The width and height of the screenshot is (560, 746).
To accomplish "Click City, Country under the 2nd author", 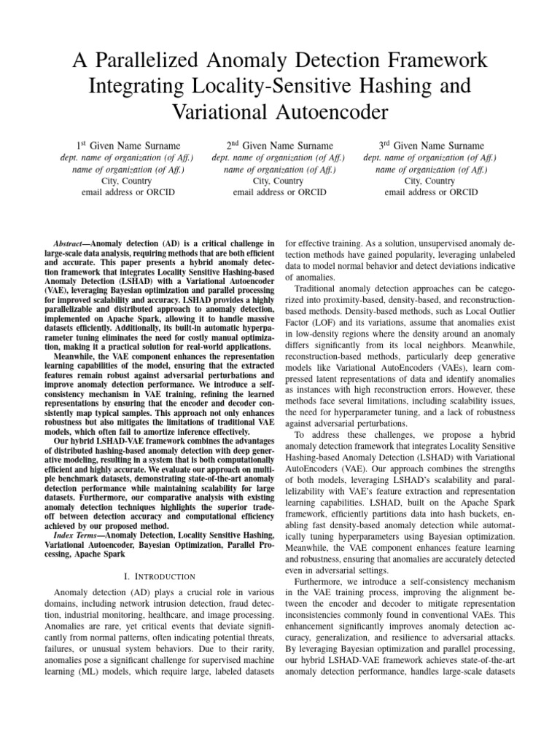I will pyautogui.click(x=279, y=181).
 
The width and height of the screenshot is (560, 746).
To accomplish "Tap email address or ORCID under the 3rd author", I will pyautogui.click(x=431, y=192).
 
